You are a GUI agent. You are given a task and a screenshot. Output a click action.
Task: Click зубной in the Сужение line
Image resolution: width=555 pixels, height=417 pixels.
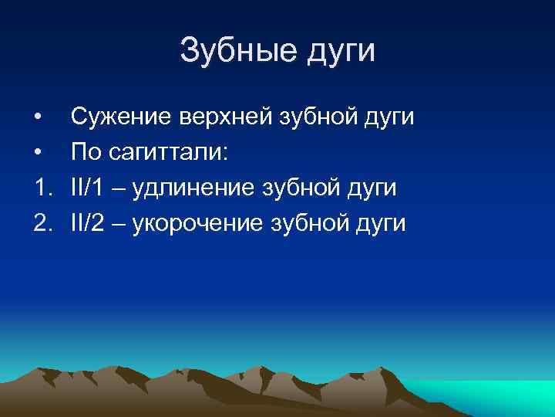318,117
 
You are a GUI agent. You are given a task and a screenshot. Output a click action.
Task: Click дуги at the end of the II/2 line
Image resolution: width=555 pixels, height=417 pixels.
381,224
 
